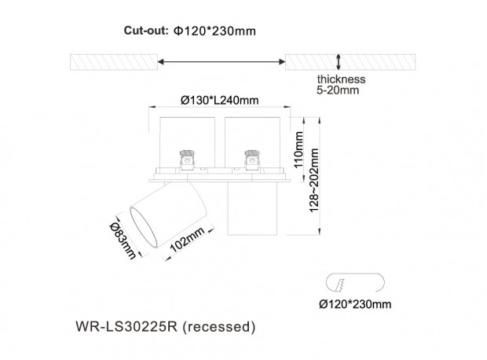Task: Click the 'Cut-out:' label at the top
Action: click(146, 31)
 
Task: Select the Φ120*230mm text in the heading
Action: click(214, 31)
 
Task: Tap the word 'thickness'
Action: click(341, 79)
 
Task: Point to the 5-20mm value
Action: click(338, 90)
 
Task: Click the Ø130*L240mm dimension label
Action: click(219, 100)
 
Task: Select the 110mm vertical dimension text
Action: click(298, 149)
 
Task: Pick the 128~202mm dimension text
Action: click(314, 180)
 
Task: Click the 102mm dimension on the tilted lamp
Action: click(187, 240)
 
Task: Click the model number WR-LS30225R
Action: click(126, 326)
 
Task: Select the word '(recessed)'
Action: click(219, 327)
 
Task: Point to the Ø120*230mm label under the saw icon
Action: click(355, 303)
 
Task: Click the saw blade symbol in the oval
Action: click(340, 285)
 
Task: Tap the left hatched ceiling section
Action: click(114, 62)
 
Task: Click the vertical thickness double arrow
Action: click(339, 62)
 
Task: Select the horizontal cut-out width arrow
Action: click(222, 61)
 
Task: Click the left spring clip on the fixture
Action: click(187, 160)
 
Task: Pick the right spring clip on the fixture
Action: click(252, 160)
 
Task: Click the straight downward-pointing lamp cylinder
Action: click(252, 208)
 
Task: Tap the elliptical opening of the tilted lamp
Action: click(143, 227)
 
